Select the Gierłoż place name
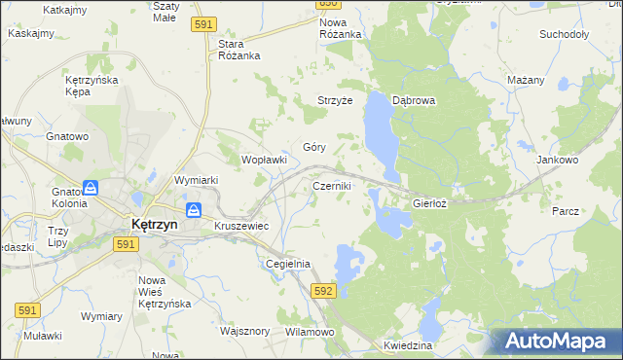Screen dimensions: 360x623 coord(429,204)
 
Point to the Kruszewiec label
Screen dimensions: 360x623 coord(241,225)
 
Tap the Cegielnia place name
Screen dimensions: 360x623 coord(288,264)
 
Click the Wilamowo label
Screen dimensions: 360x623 coord(310,332)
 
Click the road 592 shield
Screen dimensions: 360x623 coord(324,291)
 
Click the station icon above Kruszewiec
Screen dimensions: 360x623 coord(194,209)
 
